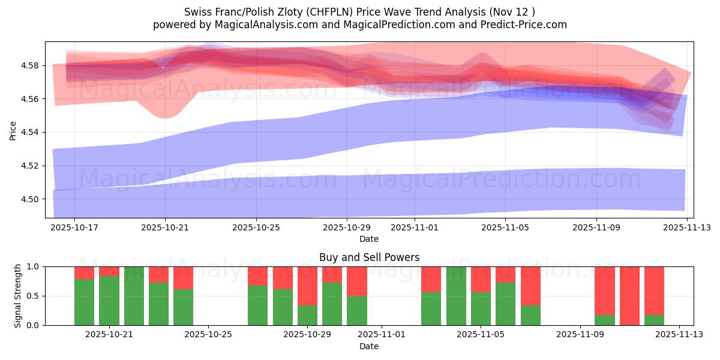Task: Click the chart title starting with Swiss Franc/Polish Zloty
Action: point(359,11)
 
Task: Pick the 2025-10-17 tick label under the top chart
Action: point(74,228)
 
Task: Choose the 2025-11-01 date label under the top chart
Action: point(414,228)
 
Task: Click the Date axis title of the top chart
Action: point(368,239)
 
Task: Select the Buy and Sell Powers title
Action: point(368,257)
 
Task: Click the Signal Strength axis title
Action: point(18,295)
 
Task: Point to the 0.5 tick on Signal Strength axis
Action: point(34,296)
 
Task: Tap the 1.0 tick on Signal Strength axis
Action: point(34,266)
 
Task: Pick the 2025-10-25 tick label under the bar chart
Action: point(208,335)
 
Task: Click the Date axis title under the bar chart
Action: point(368,346)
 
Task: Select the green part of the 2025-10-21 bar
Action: point(109,301)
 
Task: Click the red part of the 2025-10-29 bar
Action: point(307,286)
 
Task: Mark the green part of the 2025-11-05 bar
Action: point(481,308)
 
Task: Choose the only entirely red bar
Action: point(629,296)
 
